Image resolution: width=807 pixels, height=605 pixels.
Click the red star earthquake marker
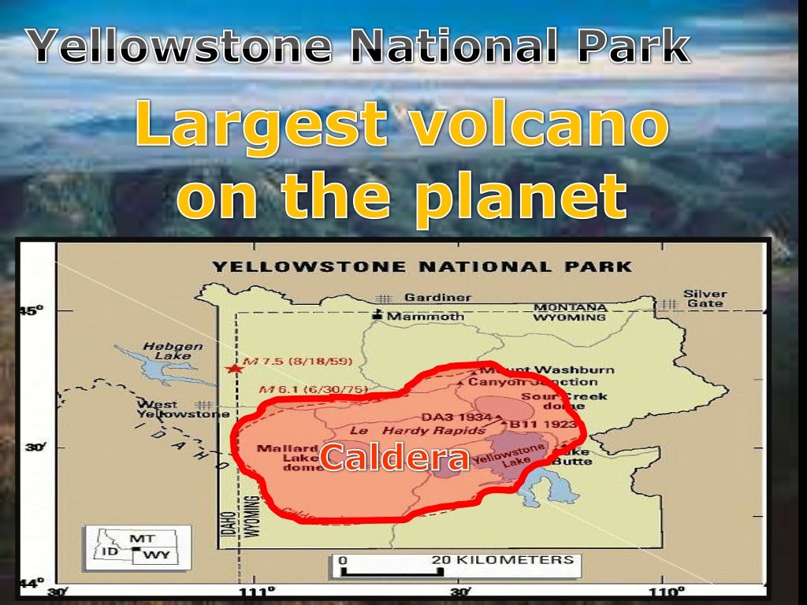point(232,368)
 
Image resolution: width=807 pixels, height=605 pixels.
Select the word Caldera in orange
point(394,458)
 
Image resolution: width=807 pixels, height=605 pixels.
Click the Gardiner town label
point(437,298)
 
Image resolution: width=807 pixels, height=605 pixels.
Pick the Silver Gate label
point(705,299)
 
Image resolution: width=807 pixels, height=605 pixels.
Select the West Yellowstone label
point(184,409)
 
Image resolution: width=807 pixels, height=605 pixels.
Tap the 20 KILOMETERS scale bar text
point(502,559)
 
